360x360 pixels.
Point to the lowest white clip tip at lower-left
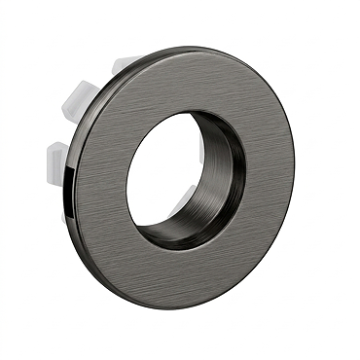65,215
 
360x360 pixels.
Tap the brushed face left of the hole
102,185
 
